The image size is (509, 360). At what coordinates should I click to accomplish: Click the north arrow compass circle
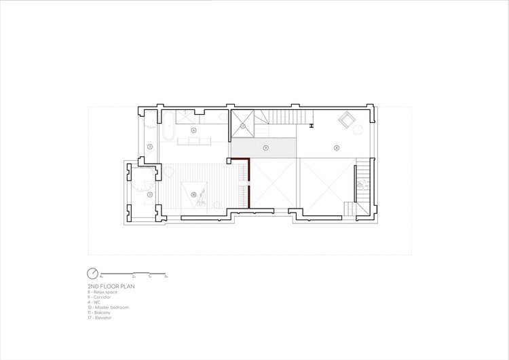point(93,274)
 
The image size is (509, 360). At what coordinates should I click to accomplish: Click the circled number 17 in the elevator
point(242,126)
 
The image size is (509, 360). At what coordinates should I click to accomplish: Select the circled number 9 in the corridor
point(266,147)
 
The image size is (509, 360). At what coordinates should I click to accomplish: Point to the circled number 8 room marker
point(336,147)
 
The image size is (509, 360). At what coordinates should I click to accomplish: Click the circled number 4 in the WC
point(193,130)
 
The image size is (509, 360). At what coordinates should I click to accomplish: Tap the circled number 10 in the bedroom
point(193,195)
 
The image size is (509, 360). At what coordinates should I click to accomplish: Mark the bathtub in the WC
point(166,130)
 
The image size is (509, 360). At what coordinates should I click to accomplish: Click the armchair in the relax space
point(348,122)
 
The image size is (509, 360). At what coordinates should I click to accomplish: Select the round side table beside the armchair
point(360,130)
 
